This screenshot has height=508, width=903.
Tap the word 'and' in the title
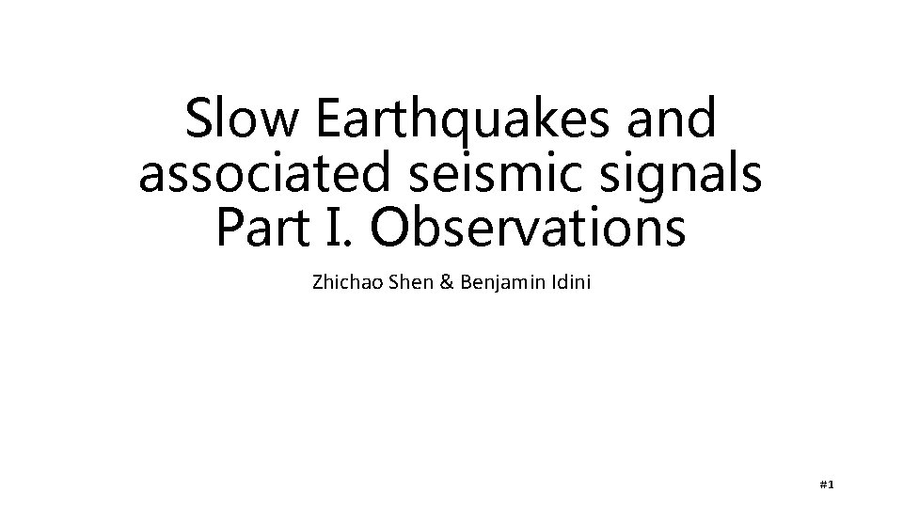pos(673,120)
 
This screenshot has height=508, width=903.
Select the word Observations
pos(528,229)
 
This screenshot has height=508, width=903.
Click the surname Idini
pos(569,282)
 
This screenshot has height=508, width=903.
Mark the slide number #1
pos(828,484)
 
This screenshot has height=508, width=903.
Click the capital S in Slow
pos(199,120)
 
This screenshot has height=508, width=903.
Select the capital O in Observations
pos(394,229)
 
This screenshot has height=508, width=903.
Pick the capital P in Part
pos(230,229)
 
